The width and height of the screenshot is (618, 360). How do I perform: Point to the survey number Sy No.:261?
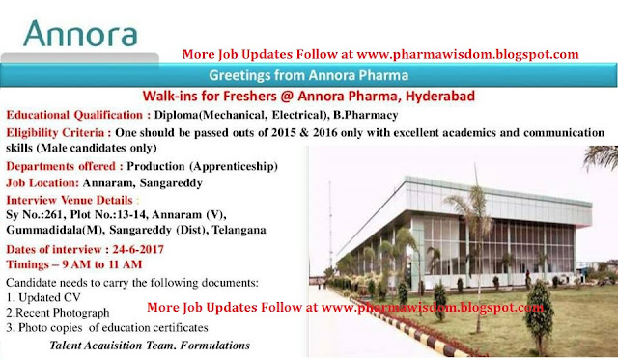40,214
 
